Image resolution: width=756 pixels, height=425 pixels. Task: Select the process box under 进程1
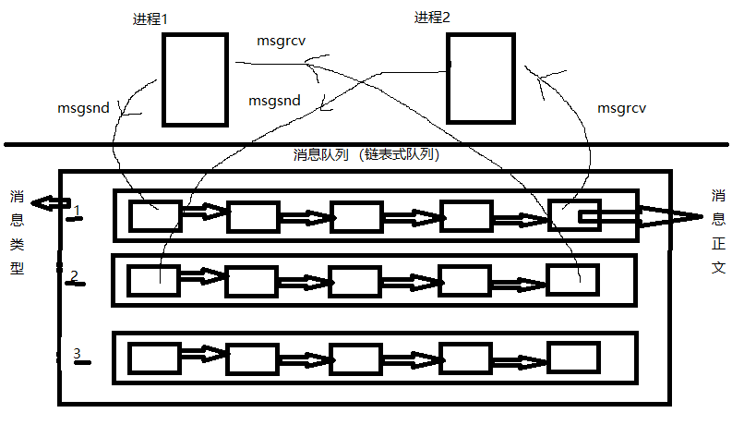[195, 79]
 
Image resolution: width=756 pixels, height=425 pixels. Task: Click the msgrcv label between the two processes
[281, 41]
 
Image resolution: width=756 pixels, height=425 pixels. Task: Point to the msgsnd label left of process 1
[83, 108]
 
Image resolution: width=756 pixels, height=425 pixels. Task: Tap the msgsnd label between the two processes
[274, 101]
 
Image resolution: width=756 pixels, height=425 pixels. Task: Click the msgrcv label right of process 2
[621, 108]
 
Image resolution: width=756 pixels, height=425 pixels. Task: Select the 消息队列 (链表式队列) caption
[366, 155]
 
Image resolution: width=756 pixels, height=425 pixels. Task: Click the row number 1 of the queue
[78, 212]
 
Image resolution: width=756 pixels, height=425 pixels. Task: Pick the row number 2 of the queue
[75, 276]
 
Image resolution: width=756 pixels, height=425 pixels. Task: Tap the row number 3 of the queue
[78, 354]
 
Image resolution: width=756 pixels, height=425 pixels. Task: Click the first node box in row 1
[154, 216]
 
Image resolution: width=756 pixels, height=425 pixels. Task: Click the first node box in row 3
[153, 358]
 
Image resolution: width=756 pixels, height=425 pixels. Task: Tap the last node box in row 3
[572, 357]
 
